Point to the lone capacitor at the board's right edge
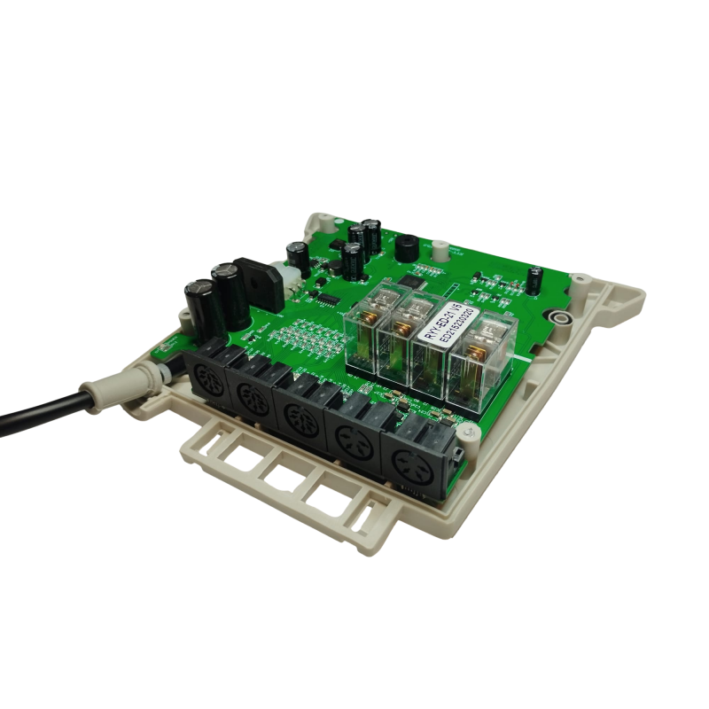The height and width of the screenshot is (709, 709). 536,278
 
